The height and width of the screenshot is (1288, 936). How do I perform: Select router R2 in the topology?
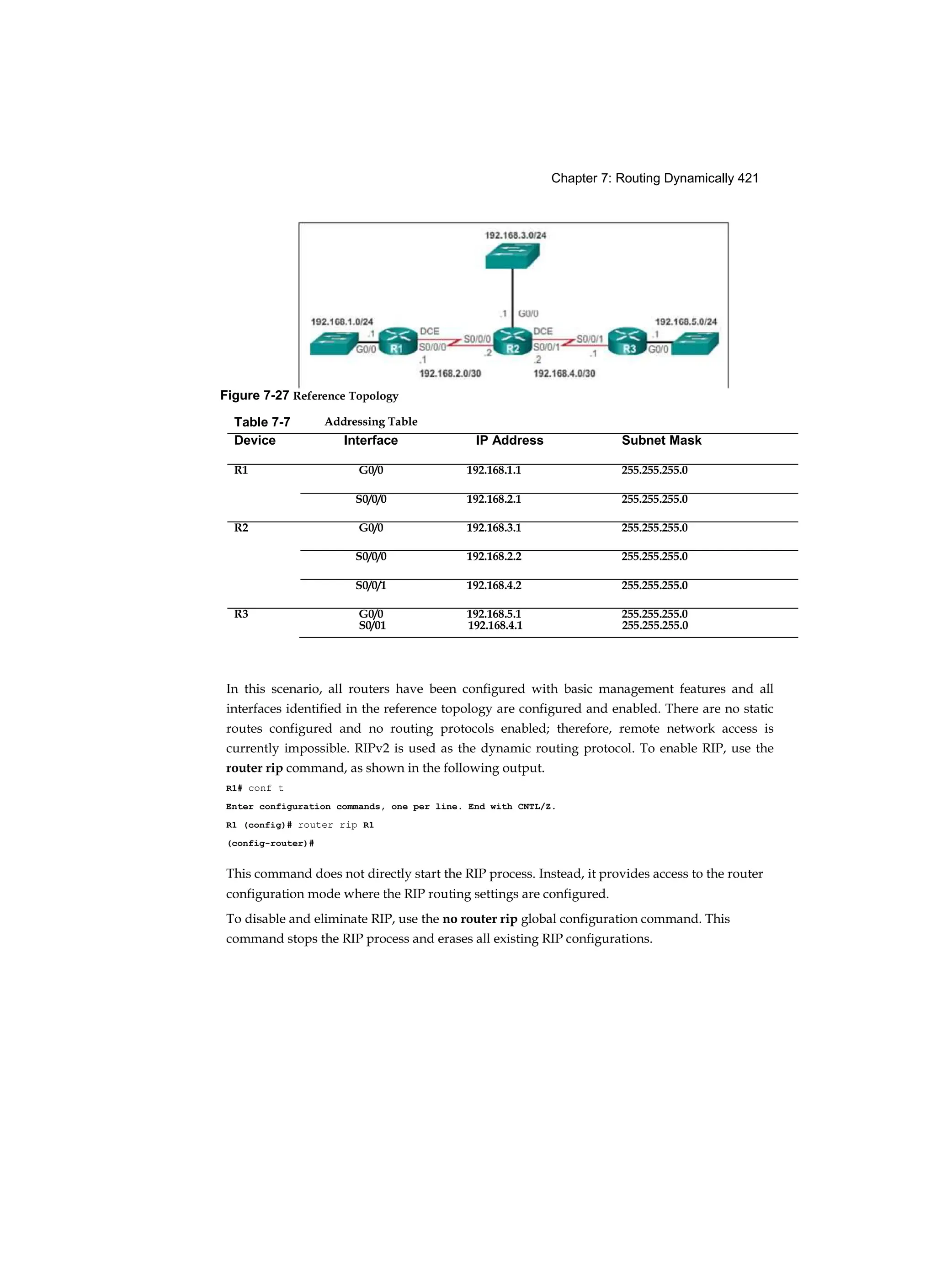[512, 341]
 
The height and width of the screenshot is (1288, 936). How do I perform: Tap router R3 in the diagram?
[628, 341]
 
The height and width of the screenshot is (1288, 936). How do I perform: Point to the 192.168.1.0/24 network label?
[342, 322]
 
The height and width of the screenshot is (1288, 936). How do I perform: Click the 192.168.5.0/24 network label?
[686, 322]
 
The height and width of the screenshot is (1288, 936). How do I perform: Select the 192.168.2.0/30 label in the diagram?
[450, 373]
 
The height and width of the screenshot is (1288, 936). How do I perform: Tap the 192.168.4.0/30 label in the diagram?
[564, 373]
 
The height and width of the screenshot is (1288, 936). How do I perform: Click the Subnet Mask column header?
[661, 440]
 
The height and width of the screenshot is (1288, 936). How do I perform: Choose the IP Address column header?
[510, 440]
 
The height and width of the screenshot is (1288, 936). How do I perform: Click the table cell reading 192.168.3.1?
[494, 527]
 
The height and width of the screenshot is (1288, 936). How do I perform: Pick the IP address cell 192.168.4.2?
[494, 585]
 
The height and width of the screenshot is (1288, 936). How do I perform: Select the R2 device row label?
[241, 527]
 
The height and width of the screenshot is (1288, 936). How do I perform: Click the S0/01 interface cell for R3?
[372, 625]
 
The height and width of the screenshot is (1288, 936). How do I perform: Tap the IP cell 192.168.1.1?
[494, 470]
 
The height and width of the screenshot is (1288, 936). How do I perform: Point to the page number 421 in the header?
[748, 178]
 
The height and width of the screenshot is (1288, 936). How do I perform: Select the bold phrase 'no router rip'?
[480, 919]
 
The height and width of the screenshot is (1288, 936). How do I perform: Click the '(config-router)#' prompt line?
[271, 843]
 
